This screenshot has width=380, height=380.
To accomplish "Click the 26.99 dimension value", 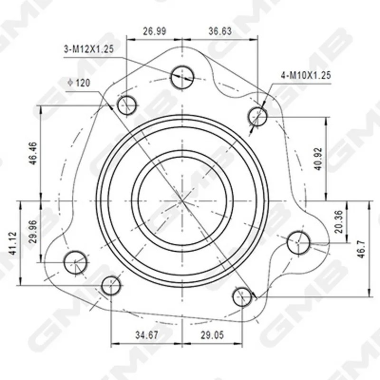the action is (154, 31).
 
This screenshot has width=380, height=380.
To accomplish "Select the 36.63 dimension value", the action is (220, 31).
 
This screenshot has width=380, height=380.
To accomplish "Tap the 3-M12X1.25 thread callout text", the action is (89, 49).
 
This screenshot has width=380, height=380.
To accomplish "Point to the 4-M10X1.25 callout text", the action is (306, 76).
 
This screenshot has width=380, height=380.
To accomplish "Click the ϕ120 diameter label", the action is (79, 83).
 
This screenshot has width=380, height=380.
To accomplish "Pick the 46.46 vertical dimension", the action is (33, 153).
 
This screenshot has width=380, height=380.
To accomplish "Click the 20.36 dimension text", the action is (339, 222).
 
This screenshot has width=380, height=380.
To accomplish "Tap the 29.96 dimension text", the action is (33, 232).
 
